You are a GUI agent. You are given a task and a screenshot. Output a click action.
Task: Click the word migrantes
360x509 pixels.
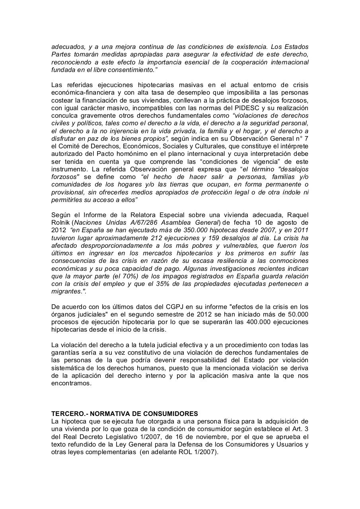click(x=67, y=291)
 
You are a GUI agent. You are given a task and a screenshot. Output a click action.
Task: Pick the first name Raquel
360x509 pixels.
click(x=297, y=215)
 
